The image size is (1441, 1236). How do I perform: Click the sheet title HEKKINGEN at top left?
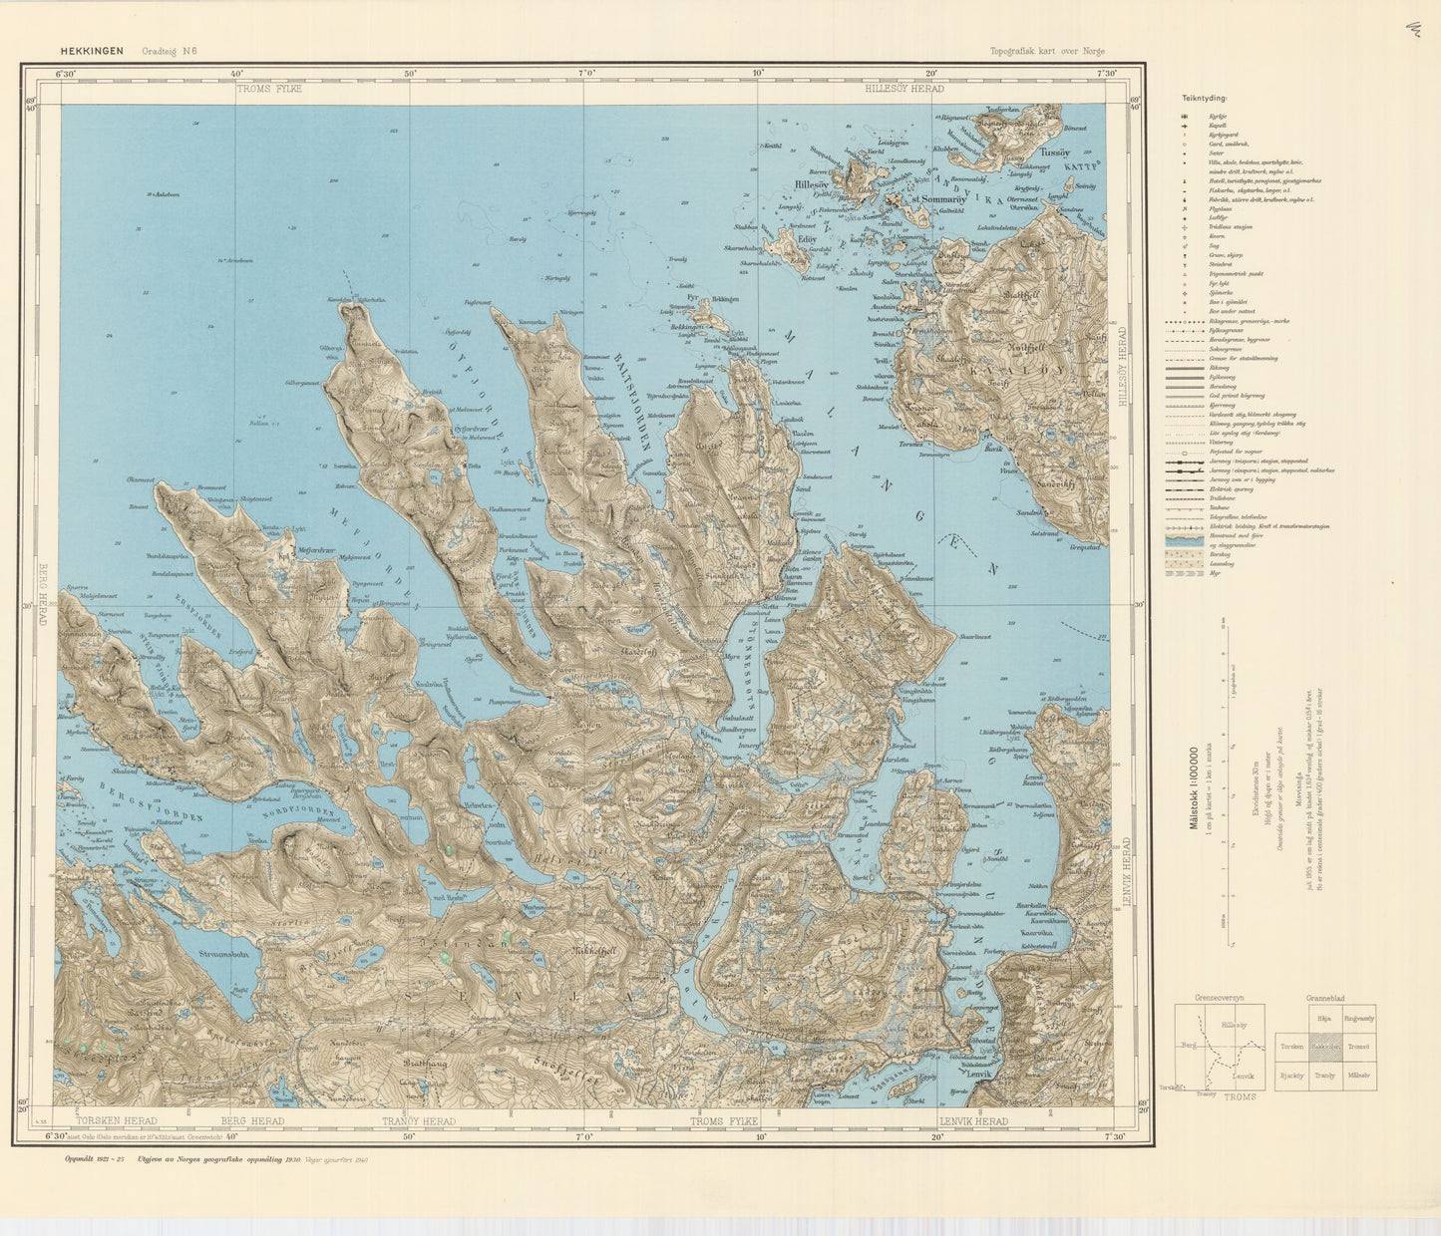93,51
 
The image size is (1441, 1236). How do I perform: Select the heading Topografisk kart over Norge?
1047,52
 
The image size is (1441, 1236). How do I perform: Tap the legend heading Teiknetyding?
1205,99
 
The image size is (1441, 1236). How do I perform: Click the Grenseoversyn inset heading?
1218,998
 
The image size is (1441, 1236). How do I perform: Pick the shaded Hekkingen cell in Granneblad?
1325,1047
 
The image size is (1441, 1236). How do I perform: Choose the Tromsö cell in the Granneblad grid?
1358,1047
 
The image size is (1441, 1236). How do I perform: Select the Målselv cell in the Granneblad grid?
1358,1076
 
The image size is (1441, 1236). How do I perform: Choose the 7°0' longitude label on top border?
586,73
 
